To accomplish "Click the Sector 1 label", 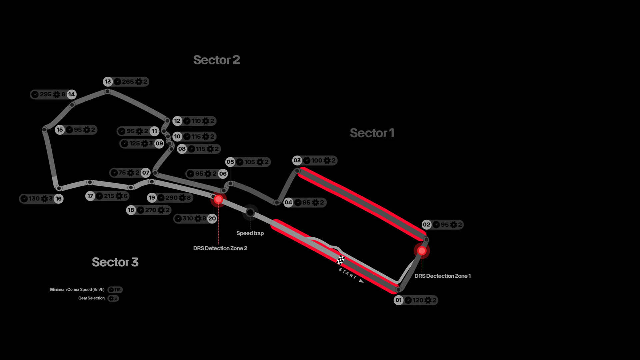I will (x=372, y=133).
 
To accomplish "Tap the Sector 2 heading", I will (x=217, y=60).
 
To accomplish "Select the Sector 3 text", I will (x=115, y=262).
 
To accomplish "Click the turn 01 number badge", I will (x=399, y=300).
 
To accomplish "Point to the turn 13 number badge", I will (x=108, y=82).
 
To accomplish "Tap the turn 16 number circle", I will (x=58, y=199).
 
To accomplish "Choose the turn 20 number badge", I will (x=212, y=219).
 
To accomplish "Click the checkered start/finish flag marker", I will (x=341, y=260).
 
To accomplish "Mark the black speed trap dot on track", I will (x=250, y=212).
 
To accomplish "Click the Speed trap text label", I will (x=250, y=233).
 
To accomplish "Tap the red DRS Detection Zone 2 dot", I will (x=218, y=199).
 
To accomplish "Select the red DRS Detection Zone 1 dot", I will (x=422, y=251).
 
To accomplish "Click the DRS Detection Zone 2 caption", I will (x=220, y=248).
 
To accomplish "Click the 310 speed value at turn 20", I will (x=188, y=218).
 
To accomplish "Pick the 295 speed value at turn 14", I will (x=46, y=94).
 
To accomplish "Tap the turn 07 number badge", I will (x=146, y=173).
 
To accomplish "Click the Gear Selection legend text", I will (x=91, y=298).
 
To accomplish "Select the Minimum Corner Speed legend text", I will (x=77, y=289).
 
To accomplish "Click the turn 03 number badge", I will (x=297, y=160).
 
